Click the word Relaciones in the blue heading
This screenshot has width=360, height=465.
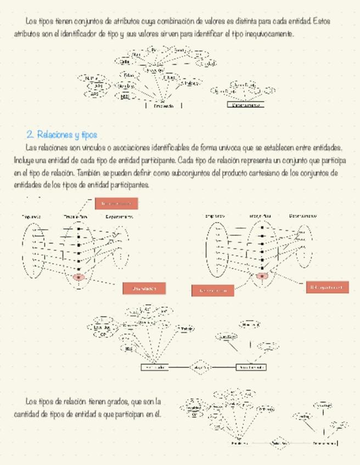(x=53, y=134)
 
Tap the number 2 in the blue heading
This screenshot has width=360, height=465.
(x=29, y=134)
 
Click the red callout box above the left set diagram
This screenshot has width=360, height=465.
(x=116, y=204)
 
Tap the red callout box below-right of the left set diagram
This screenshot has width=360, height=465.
(x=144, y=288)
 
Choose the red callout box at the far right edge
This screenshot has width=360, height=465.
(x=327, y=287)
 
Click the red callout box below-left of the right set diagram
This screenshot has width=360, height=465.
(x=212, y=290)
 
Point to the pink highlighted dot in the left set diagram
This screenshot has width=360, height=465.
(x=78, y=277)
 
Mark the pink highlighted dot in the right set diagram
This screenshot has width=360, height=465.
(x=262, y=276)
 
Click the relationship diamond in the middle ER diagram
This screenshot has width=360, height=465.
(x=200, y=367)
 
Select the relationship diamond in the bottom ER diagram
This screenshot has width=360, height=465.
(x=279, y=443)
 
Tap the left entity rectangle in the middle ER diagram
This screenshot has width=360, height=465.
(x=154, y=367)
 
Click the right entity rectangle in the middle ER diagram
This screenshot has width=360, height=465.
(x=251, y=367)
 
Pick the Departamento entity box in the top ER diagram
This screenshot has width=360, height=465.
(x=245, y=104)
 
